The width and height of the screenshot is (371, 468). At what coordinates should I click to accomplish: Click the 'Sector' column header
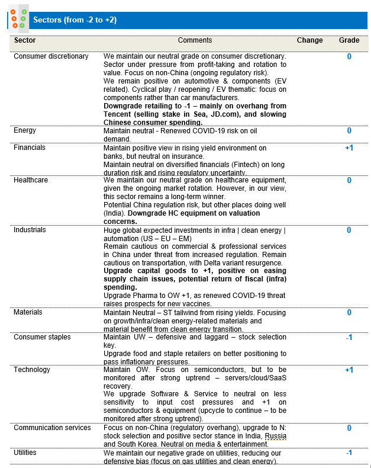25,40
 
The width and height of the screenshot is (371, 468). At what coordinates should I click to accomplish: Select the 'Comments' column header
195,40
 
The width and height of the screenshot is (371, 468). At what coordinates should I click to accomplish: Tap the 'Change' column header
310,40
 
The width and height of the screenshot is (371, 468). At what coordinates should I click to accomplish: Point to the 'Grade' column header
349,40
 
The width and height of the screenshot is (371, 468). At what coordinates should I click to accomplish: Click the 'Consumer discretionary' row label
51,56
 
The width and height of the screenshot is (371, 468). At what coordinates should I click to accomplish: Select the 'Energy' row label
25,130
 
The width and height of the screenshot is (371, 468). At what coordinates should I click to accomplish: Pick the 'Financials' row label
30,148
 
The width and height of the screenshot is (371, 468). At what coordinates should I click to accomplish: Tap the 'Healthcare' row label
31,180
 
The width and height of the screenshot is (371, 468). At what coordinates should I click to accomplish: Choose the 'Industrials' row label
30,230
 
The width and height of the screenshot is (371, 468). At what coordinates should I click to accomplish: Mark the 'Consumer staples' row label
42,337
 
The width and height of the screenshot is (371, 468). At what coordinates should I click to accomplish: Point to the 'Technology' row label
32,370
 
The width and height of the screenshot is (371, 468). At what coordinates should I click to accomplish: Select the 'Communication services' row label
52,427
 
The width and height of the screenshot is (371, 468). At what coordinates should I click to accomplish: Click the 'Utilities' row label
25,452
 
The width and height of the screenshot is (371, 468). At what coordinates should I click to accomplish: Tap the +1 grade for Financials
349,148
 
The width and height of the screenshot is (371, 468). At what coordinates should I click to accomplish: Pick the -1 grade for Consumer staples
349,337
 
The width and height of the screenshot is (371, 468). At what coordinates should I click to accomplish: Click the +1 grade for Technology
349,370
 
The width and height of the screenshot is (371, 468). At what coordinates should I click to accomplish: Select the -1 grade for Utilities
349,452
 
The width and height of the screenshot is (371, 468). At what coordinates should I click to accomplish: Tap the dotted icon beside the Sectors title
18,19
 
